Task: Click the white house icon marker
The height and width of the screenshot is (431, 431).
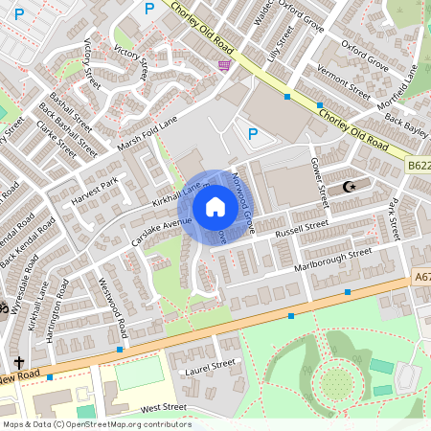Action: [x=215, y=207]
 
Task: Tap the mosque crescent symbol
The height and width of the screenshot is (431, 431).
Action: [x=348, y=187]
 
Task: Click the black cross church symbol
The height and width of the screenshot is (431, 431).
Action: [x=19, y=363]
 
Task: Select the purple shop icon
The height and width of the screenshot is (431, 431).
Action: [x=224, y=65]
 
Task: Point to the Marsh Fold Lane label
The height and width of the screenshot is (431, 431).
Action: [x=147, y=133]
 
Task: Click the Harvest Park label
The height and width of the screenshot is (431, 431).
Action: [x=93, y=191]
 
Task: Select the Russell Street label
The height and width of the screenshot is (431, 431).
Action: [x=302, y=229]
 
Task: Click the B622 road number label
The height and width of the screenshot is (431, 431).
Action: [x=418, y=165]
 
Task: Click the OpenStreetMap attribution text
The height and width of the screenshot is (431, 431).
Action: [x=96, y=424]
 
